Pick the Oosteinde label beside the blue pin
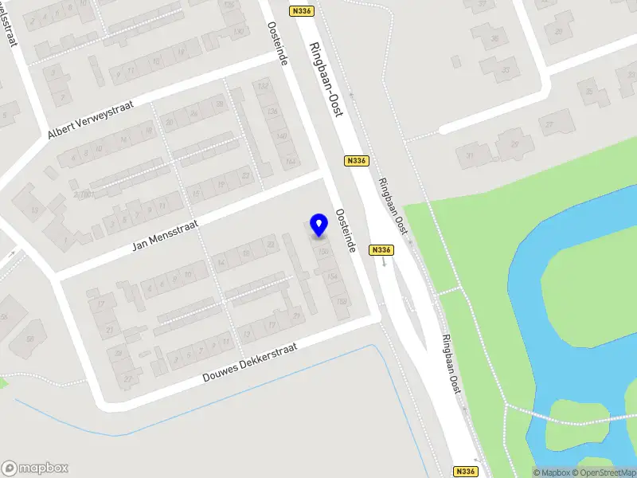pyautogui.click(x=345, y=232)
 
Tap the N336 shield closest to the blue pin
pyautogui.click(x=381, y=250)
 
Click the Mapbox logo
pyautogui.click(x=34, y=468)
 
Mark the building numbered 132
pyautogui.click(x=262, y=86)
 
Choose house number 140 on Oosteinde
pyautogui.click(x=280, y=136)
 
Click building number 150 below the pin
pyautogui.click(x=322, y=252)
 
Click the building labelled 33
pyautogui.click(x=506, y=69)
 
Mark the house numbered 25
pyautogui.click(x=560, y=31)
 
